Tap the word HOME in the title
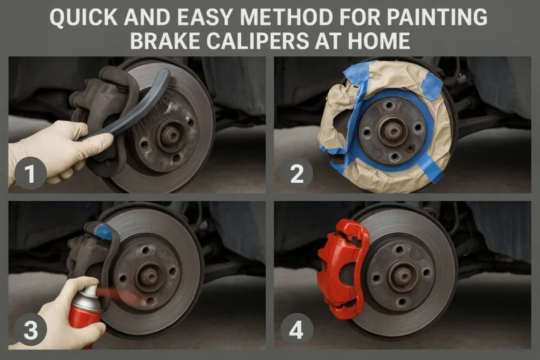[x=385, y=40]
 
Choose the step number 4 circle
[x=296, y=328]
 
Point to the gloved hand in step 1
[x=53, y=148]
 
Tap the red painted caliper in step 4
[x=342, y=267]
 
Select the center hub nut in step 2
[x=392, y=129]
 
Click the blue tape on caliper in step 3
[x=103, y=231]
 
